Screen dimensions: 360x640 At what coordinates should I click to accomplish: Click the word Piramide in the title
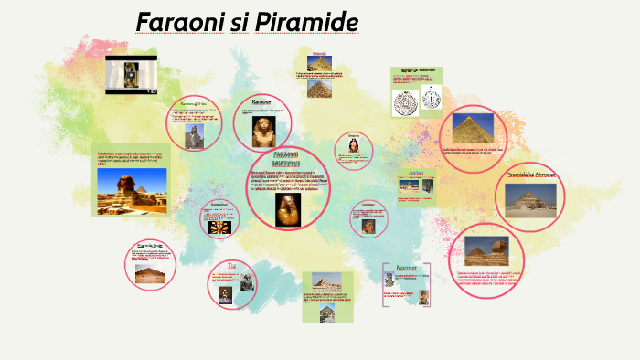[x=305, y=21]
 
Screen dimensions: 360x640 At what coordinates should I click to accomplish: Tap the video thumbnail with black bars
[x=131, y=75]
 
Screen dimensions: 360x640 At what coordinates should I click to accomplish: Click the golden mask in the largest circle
[x=289, y=209]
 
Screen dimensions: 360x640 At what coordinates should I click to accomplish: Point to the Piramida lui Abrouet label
[x=530, y=175]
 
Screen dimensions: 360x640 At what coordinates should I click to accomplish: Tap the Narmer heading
[x=406, y=269]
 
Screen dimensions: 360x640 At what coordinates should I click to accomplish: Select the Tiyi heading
[x=232, y=266]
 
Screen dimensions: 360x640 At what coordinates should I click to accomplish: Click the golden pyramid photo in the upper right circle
[x=472, y=128]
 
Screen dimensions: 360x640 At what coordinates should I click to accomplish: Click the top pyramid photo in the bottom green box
[x=326, y=282]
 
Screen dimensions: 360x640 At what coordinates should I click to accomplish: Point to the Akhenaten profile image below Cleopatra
[x=368, y=225]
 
